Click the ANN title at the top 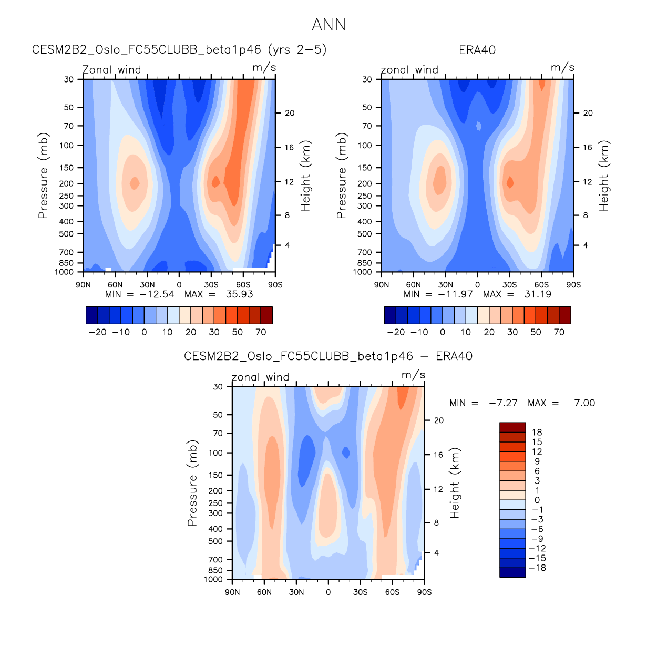(x=328, y=25)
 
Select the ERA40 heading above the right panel (x=477, y=50)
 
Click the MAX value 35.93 (x=239, y=294)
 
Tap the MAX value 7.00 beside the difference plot (x=584, y=403)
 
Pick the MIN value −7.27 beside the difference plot (x=503, y=403)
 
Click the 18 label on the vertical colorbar (x=537, y=433)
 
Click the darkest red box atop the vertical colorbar (x=512, y=427)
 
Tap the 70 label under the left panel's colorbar (x=261, y=332)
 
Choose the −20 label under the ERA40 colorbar (x=396, y=332)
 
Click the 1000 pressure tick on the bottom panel (x=213, y=580)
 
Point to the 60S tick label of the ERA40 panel (x=541, y=285)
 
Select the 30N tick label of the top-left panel (x=147, y=285)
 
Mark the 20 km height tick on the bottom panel (x=439, y=420)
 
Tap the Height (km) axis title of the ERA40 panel (x=604, y=176)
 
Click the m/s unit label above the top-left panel (x=264, y=68)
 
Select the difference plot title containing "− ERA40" (x=328, y=356)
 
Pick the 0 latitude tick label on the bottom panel (x=328, y=592)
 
